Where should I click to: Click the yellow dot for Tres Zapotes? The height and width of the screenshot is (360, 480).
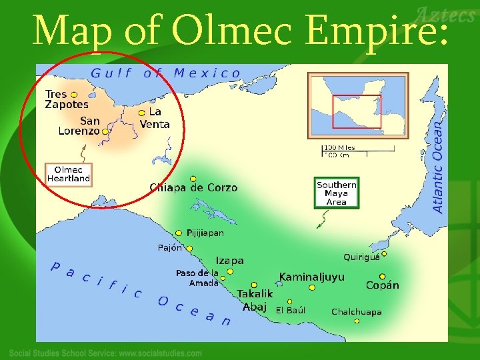click(x=74, y=95)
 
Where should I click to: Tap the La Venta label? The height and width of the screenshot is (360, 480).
click(x=155, y=119)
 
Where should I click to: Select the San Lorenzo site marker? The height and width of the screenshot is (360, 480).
click(x=105, y=131)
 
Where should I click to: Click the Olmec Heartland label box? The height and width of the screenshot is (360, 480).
click(x=68, y=174)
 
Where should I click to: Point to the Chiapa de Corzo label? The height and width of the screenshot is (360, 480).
click(x=193, y=188)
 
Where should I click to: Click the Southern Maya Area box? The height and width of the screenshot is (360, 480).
click(x=337, y=193)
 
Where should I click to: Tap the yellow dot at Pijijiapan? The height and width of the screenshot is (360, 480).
click(x=179, y=233)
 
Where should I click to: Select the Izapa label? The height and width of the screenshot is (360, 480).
click(x=229, y=261)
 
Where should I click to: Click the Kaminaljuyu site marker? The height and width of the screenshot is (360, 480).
click(x=312, y=287)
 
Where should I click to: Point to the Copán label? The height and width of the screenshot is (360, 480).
click(x=383, y=285)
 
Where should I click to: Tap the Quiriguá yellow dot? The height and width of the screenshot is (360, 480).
click(x=384, y=253)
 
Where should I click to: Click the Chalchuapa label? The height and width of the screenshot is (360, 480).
click(x=357, y=311)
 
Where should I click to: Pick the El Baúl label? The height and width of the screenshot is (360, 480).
click(x=291, y=310)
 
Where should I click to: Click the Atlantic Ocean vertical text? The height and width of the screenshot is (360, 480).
click(x=438, y=167)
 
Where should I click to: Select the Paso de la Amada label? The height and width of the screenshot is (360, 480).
click(x=197, y=278)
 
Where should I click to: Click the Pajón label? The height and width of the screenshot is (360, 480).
click(x=169, y=247)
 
